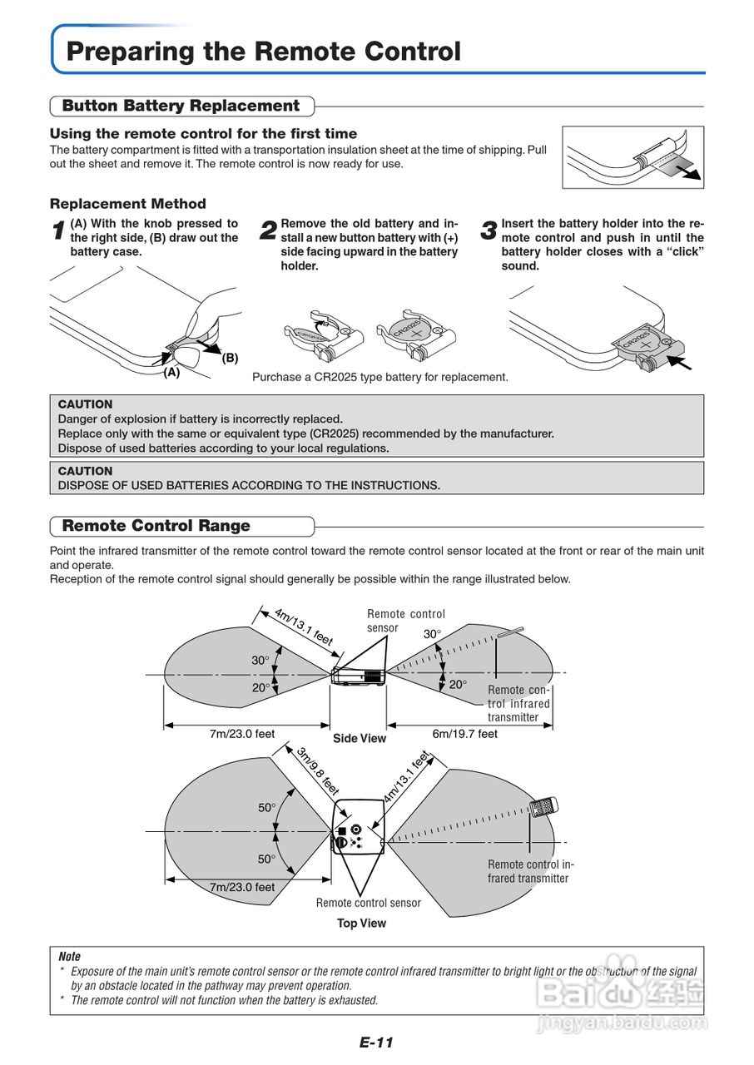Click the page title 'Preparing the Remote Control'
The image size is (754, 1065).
click(x=263, y=52)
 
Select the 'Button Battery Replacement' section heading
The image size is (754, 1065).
click(x=181, y=106)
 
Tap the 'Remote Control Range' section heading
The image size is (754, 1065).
click(x=156, y=526)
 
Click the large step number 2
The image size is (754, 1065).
click(x=269, y=232)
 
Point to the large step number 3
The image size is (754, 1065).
click(x=489, y=232)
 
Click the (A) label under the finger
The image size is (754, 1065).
click(x=171, y=373)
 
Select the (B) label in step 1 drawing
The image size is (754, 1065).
click(x=230, y=358)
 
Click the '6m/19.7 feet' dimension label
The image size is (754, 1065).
click(x=464, y=734)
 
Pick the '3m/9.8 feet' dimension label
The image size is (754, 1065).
click(x=318, y=770)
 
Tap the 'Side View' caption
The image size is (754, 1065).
click(x=360, y=738)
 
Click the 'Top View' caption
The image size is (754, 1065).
click(x=361, y=923)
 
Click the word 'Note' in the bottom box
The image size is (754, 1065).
click(x=69, y=957)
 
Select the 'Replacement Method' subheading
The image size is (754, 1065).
click(x=127, y=204)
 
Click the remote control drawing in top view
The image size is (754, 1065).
click(x=544, y=806)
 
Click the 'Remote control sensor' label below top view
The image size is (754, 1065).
click(x=368, y=903)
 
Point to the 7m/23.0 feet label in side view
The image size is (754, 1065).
click(x=241, y=734)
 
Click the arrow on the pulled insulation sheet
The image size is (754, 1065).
click(x=687, y=171)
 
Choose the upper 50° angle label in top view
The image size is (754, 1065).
click(x=265, y=808)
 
